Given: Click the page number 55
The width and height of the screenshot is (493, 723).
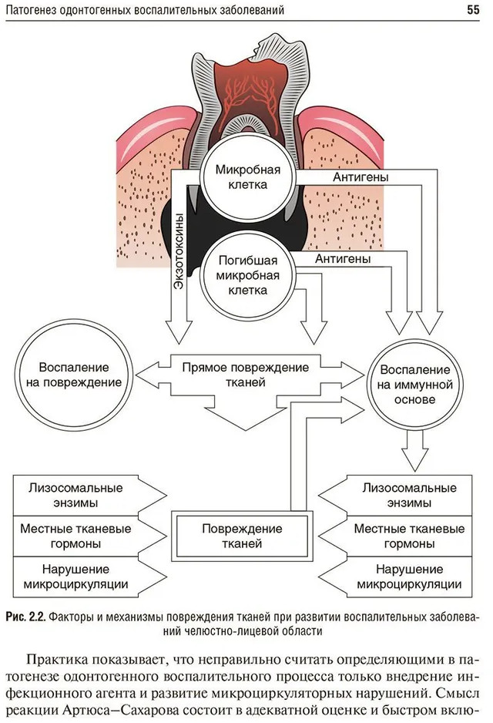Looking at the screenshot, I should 474,10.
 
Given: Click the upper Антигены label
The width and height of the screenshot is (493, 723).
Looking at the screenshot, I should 361,177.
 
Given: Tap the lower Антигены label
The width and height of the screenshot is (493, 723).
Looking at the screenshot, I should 343,259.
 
